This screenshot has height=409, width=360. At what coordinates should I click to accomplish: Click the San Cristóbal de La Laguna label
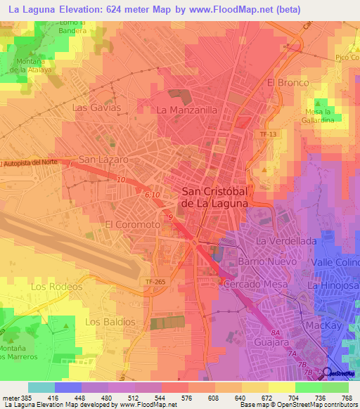coord(214,197)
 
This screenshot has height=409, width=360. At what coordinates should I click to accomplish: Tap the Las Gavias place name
coord(97,108)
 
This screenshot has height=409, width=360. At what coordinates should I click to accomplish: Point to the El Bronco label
coord(288,83)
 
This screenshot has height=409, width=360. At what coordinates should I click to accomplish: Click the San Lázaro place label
coord(103,160)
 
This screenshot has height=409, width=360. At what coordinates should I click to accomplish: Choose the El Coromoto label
coord(132,224)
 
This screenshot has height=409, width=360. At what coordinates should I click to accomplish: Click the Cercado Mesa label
coord(252,283)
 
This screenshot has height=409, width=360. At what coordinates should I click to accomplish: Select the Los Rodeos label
coord(56,287)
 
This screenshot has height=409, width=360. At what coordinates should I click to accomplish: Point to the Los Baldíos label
coord(110,321)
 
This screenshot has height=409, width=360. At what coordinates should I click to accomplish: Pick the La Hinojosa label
coord(333,287)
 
